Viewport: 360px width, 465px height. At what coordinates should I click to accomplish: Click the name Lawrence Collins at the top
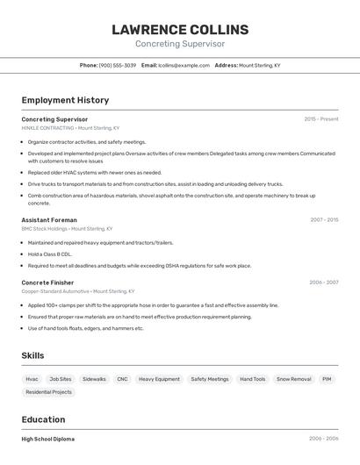[x=180, y=30]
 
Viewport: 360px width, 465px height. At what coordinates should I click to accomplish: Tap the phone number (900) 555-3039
[x=117, y=65]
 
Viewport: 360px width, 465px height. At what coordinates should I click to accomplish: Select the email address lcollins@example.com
[x=184, y=65]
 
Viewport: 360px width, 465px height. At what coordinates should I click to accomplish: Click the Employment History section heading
[x=65, y=100]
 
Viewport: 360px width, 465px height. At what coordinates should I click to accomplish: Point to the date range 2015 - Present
[x=321, y=118]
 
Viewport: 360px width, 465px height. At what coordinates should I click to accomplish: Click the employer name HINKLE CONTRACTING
[x=48, y=128]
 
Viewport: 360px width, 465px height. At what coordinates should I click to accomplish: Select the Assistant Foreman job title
[x=49, y=219]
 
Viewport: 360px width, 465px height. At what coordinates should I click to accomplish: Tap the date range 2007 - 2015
[x=324, y=219]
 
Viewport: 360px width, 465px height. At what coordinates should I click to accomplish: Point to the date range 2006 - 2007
[x=324, y=283]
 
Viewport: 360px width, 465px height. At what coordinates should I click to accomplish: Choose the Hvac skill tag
[x=32, y=379]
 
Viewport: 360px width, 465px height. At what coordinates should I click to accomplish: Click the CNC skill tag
[x=122, y=379]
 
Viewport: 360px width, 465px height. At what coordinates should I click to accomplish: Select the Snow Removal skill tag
[x=293, y=379]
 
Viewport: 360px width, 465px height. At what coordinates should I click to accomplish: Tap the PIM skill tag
[x=327, y=379]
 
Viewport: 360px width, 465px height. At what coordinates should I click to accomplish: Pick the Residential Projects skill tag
[x=49, y=392]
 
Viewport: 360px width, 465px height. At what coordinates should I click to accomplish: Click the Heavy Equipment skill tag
[x=159, y=379]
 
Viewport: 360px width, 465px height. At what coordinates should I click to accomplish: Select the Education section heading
[x=43, y=419]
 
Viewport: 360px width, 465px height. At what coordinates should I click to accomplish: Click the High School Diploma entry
[x=48, y=439]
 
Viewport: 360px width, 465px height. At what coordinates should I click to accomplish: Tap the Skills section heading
[x=32, y=355]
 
